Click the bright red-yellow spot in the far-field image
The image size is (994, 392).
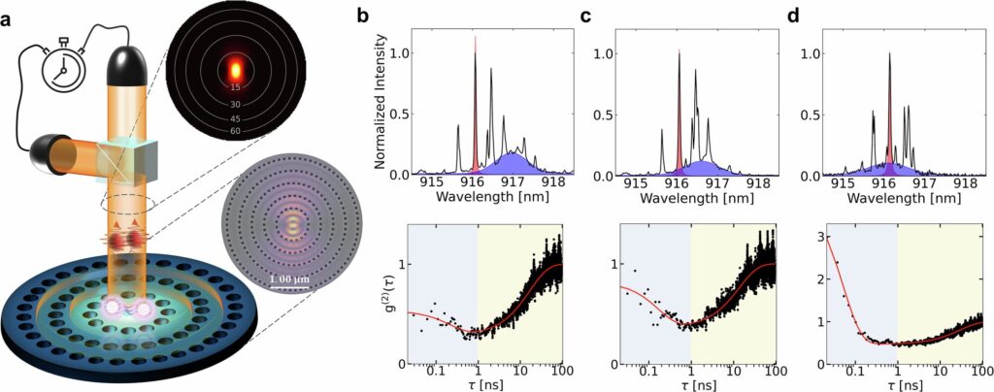[x=234, y=70]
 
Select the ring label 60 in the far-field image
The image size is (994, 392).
[x=235, y=131]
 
